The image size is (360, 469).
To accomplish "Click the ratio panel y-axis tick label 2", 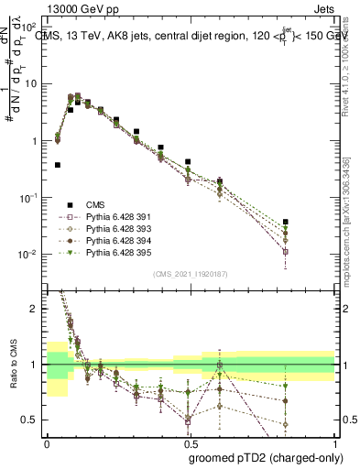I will (35, 310).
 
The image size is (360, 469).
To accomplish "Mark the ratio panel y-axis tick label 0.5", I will (31, 420).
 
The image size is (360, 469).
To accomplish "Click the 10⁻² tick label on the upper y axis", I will (30, 254).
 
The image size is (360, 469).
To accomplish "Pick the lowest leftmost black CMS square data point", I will (58, 165).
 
